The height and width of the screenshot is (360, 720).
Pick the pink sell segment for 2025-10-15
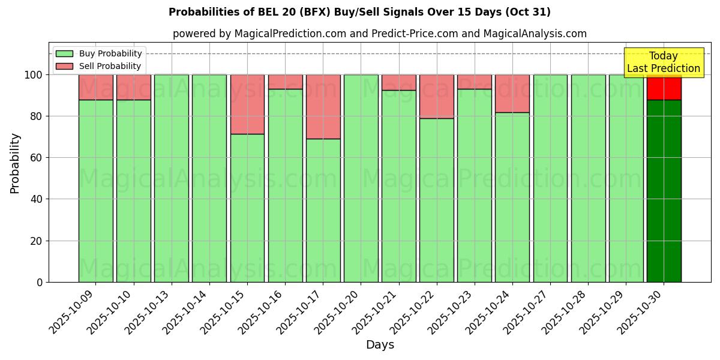point(247,104)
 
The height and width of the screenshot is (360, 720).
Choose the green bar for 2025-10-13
point(172,178)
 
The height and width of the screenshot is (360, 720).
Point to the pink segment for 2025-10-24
point(512,94)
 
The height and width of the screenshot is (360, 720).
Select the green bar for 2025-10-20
point(361,178)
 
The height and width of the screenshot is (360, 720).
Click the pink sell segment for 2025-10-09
point(96,87)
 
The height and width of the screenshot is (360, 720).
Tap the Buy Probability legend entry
point(98,53)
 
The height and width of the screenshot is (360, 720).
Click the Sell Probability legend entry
point(98,66)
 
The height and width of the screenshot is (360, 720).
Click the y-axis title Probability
point(15,163)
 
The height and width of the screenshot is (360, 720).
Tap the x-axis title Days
point(380,345)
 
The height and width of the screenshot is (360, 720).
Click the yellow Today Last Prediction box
point(664,62)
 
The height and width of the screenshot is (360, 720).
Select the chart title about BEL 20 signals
point(359,12)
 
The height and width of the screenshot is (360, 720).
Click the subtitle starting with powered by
point(379,34)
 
